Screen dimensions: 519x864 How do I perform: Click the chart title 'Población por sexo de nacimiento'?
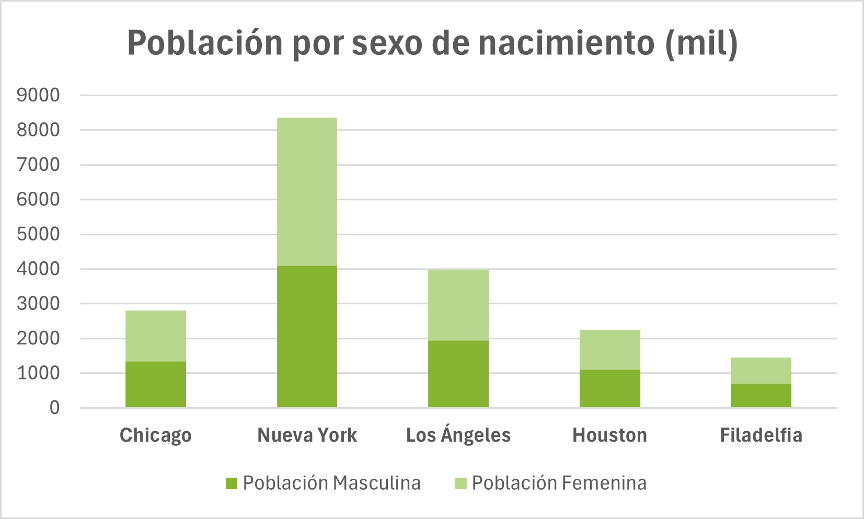(432, 43)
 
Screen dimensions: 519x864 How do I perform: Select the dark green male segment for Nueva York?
(307, 337)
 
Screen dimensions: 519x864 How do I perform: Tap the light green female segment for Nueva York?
(307, 192)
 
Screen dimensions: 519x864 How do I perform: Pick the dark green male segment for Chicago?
(156, 384)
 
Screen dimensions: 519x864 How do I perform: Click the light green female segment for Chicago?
(156, 336)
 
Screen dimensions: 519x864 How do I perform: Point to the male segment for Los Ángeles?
(458, 374)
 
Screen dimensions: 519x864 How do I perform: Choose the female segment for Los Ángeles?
(458, 305)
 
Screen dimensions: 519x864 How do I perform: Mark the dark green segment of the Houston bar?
(609, 388)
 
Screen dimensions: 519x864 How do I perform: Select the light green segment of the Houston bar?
(609, 350)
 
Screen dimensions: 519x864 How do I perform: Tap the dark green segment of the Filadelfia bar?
(761, 396)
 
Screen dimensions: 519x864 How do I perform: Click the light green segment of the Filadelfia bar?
(761, 371)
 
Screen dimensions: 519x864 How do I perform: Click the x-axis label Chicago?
(156, 435)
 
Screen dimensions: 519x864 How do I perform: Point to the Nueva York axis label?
(307, 435)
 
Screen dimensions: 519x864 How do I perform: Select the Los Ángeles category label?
(458, 435)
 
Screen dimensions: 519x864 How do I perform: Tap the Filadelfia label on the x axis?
(761, 435)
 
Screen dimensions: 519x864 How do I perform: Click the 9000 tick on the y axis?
(38, 95)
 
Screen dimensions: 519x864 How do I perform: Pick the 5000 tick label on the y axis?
(38, 234)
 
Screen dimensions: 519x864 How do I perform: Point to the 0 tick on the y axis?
(54, 408)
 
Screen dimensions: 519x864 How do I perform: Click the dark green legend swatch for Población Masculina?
(232, 483)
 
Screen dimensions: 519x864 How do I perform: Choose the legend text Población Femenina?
(559, 483)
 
